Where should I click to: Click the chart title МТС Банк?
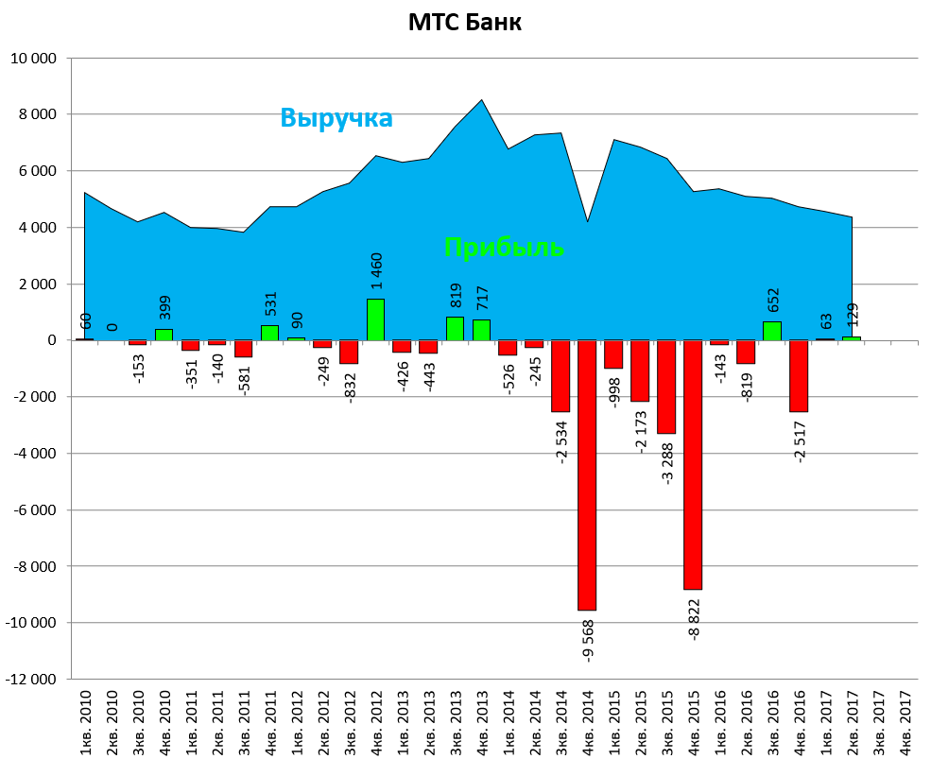pos(464,22)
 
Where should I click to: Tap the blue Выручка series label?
pos(336,118)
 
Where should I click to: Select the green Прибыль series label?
pos(504,248)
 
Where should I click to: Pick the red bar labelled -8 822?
pos(693,464)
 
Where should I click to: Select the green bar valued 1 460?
pos(375,319)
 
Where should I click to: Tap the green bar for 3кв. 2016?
pos(772,331)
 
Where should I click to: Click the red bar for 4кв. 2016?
pos(799,375)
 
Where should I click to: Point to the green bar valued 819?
pos(455,329)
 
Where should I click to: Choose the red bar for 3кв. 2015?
pos(666,387)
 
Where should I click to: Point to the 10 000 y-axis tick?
pos(33,59)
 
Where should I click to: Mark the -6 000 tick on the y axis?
pos(33,510)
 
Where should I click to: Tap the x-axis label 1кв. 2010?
pos(86,721)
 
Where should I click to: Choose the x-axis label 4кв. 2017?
pos(905,721)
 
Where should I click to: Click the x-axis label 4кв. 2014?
pos(588,721)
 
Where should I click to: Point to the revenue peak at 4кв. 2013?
pos(481,100)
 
